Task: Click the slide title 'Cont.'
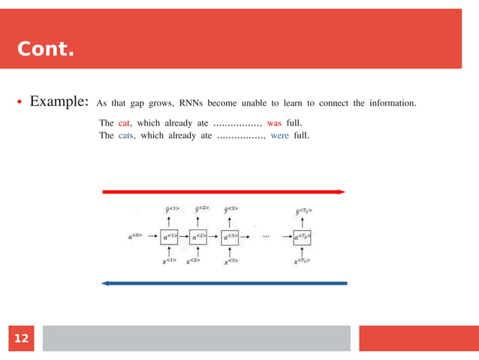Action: click(x=46, y=50)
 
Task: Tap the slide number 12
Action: click(x=21, y=339)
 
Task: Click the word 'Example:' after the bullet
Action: click(x=60, y=101)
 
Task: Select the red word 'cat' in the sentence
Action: click(x=125, y=122)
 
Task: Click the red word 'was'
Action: click(x=274, y=122)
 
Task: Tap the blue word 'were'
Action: click(x=279, y=136)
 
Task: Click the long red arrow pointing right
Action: click(x=223, y=192)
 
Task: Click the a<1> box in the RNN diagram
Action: click(x=169, y=237)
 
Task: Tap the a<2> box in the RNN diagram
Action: click(x=198, y=237)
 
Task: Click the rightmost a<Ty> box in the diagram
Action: click(x=302, y=237)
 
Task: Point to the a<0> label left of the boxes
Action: click(x=136, y=237)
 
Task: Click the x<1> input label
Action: click(x=169, y=261)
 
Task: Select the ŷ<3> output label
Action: click(x=229, y=208)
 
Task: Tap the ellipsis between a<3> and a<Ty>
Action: click(x=266, y=236)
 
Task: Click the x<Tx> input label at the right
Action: click(x=302, y=261)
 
